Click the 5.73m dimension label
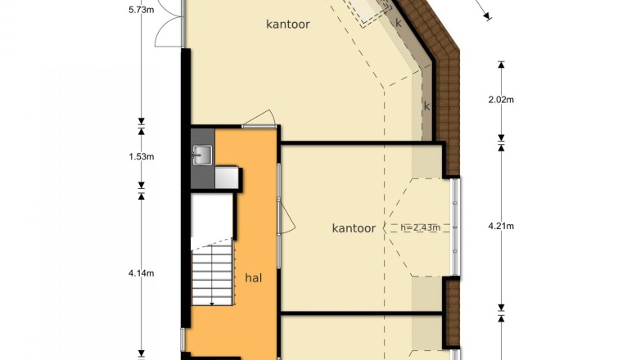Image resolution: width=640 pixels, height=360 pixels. [142, 10]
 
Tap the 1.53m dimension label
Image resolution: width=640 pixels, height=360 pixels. [142, 156]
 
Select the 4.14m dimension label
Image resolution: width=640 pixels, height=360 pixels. [142, 273]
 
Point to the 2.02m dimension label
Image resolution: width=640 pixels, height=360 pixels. [501, 99]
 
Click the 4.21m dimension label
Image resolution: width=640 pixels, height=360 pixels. [501, 226]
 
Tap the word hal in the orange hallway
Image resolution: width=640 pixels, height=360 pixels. [254, 278]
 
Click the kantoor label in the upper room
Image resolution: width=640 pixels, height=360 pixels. [288, 24]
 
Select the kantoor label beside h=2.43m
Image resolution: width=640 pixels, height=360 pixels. [354, 227]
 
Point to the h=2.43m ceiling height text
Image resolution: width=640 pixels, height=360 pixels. [421, 227]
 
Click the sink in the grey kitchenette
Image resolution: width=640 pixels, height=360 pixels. [202, 155]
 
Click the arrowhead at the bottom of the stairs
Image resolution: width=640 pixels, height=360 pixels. [212, 304]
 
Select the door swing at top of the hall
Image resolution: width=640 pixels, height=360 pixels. [259, 119]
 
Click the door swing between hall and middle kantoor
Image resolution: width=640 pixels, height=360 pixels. [286, 218]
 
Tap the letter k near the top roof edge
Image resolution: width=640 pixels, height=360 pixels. [399, 23]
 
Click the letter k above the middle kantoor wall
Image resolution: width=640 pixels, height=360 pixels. [426, 106]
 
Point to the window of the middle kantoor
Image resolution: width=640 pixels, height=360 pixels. [456, 227]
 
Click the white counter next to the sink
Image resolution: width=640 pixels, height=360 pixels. [227, 178]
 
